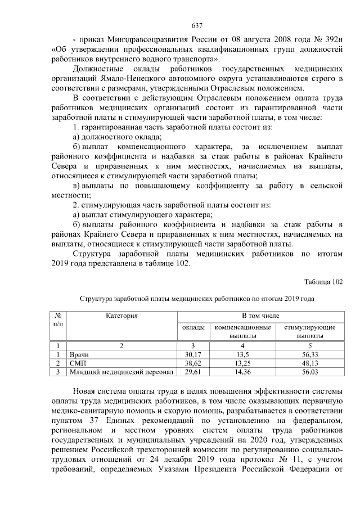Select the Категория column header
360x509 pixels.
click(121, 316)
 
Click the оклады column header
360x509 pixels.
click(193, 327)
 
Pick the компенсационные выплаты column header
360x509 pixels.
click(242, 331)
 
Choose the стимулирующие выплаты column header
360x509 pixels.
click(310, 331)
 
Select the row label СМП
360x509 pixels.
click(77, 363)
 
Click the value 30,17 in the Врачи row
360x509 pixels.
click(193, 355)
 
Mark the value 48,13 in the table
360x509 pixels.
click(310, 363)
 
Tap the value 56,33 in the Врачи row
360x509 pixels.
click(310, 355)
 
